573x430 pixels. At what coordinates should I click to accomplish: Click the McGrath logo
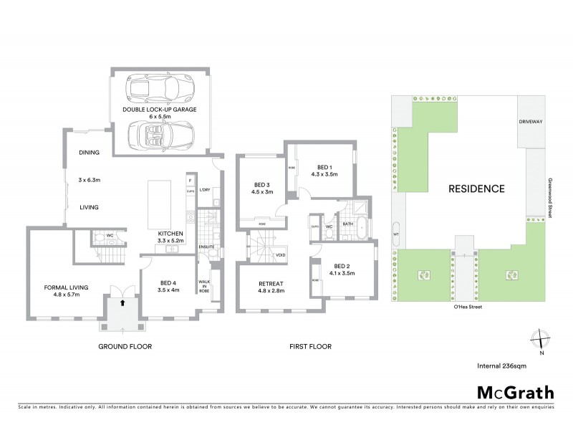pos(515,392)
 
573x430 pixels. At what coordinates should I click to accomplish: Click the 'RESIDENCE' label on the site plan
pos(476,189)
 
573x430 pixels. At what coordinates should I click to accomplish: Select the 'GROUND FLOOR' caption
pos(125,346)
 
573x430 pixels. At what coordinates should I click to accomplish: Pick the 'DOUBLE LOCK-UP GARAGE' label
pos(159,110)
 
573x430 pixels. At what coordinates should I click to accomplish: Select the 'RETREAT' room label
pos(271,284)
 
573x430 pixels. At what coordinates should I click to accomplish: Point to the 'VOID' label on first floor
pos(280,255)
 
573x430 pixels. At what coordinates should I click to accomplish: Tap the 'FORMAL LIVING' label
pos(66,287)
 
